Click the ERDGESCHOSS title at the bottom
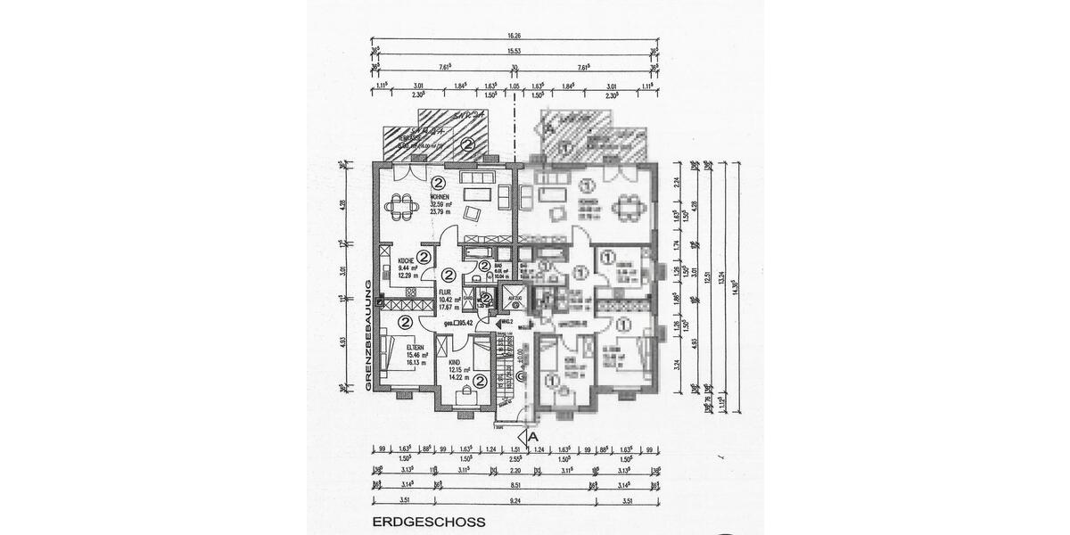click(429, 523)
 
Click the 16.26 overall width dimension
click(514, 37)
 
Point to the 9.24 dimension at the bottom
click(514, 502)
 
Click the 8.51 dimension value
click(514, 485)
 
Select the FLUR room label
click(444, 292)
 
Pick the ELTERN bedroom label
click(415, 348)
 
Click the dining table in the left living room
click(401, 207)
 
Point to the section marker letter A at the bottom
click(532, 437)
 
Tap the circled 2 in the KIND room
click(480, 381)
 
